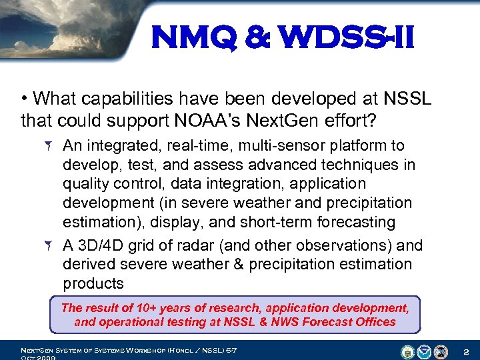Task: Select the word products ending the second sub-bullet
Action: click(93, 283)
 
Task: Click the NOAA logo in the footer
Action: click(424, 351)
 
